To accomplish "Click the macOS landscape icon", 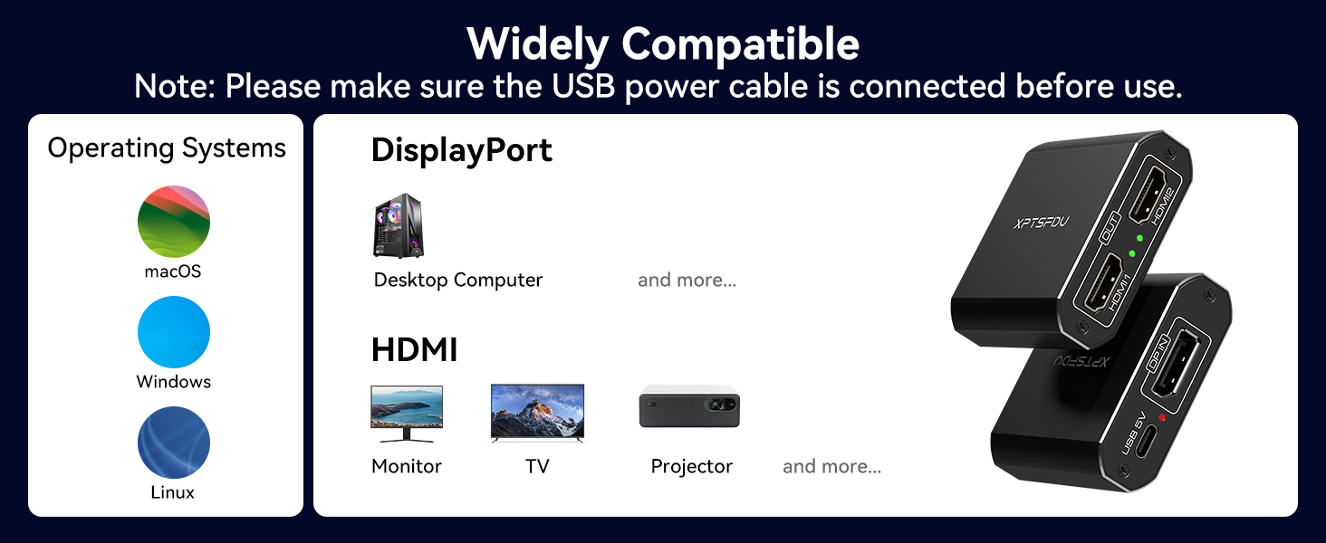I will coord(174,222).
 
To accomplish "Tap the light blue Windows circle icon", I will coord(174,332).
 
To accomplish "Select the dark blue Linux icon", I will coord(174,443).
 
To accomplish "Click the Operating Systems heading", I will coord(167,148).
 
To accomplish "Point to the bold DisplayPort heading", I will coord(462,150).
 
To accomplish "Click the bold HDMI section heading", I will coord(414,350).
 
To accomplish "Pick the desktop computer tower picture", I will coord(399,225).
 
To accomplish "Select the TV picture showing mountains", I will coord(537,414).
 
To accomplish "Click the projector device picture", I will coord(689,406).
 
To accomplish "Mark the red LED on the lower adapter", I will coord(1161,417).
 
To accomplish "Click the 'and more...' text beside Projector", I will coord(831,467).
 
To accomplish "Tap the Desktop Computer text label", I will coord(458,281).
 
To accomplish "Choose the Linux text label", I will coord(173,493).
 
